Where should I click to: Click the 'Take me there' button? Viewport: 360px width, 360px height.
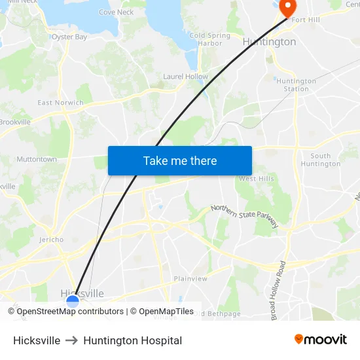coord(180,160)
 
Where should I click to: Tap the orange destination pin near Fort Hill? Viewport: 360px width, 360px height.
coord(287,7)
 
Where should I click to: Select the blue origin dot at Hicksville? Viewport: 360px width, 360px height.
coord(73,301)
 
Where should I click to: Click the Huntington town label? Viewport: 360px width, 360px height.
coord(269,42)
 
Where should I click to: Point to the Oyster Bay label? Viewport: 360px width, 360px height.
coord(69,37)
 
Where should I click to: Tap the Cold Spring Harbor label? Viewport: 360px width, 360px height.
coord(209,39)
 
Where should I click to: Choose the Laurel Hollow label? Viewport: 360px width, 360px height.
coord(185,77)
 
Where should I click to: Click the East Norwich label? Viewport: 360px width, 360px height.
coord(60,103)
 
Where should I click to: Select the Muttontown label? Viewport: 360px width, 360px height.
coord(37,159)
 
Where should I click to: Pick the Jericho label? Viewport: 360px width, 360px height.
coord(51,240)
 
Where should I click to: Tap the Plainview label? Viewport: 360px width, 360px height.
coord(190,278)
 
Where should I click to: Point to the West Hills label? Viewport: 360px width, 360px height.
coord(256,179)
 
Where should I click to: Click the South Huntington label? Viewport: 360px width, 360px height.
coord(321,160)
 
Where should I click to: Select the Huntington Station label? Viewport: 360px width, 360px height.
coord(296,85)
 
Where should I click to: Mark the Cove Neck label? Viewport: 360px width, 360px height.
coord(116,12)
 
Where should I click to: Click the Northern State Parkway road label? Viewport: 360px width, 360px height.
coord(245,215)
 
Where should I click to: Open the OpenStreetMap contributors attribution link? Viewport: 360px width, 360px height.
coord(70,312)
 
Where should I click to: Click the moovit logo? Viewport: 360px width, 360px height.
coord(321,340)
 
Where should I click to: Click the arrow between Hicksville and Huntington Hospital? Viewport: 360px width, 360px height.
coord(72,340)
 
